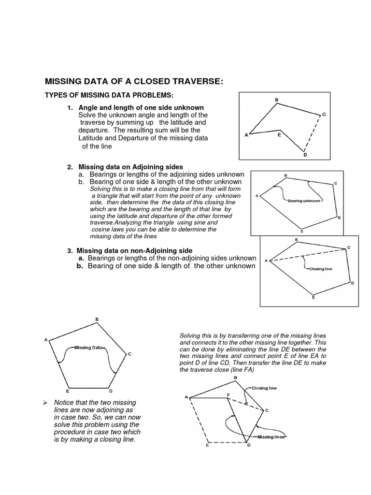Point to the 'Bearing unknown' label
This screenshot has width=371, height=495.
click(303, 200)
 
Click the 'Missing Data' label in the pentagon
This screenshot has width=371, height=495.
click(88, 347)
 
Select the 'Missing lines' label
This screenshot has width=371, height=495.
click(271, 437)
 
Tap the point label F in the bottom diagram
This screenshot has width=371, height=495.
click(228, 395)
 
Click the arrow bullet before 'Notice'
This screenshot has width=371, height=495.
click(44, 403)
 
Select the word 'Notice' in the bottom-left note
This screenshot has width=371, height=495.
click(65, 403)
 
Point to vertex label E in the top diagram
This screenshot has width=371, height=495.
click(279, 136)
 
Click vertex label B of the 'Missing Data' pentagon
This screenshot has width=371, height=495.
click(97, 319)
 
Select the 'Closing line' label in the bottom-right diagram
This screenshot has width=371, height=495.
click(265, 388)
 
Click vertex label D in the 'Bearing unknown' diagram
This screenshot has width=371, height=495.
click(339, 218)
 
